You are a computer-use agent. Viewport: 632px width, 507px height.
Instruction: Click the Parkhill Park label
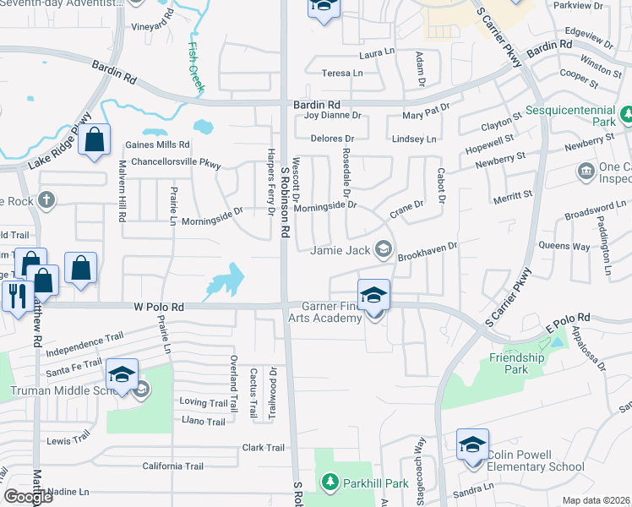point(375,483)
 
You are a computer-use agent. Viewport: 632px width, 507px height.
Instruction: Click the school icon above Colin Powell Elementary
point(473,444)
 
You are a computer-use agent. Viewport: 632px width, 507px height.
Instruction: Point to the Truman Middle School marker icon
point(122,374)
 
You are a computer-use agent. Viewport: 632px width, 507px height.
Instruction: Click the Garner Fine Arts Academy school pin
point(373,295)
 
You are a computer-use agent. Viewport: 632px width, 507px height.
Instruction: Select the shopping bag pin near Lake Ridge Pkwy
point(95,141)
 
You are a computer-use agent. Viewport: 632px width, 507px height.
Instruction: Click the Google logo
point(29,497)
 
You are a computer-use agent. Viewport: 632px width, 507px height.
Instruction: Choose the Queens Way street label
point(558,245)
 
